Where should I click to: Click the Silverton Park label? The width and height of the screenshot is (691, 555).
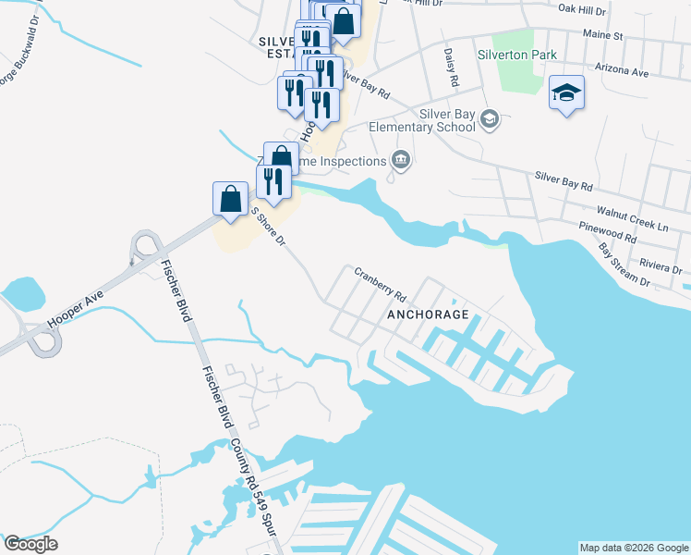517,55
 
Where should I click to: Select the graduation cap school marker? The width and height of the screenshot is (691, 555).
566,93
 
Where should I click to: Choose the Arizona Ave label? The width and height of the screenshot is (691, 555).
623,71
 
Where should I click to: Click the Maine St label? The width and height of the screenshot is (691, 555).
603,36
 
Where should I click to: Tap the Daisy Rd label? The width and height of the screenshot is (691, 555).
451,68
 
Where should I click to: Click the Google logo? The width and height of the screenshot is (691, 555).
30,543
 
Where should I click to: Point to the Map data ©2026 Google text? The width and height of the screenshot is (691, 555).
634,548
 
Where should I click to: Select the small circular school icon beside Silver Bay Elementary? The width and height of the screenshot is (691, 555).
490,118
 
